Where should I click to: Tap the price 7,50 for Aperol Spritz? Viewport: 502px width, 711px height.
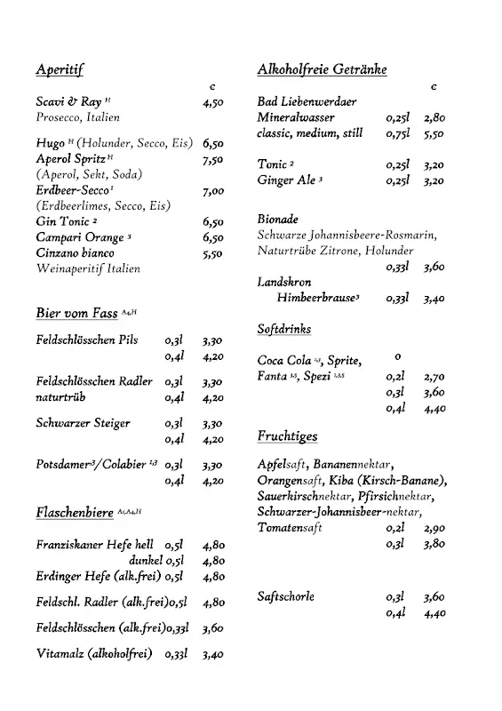tap(213, 160)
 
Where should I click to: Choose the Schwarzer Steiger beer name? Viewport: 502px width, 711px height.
tap(83, 423)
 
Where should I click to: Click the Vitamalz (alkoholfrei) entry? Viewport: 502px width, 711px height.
tap(94, 655)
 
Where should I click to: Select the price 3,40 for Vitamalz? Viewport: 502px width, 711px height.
tap(213, 655)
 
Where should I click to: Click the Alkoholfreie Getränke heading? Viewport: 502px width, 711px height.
tap(322, 69)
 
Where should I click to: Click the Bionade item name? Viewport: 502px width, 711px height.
tap(277, 219)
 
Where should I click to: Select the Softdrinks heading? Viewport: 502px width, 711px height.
tap(284, 329)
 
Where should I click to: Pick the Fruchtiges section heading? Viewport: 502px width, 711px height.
tap(287, 436)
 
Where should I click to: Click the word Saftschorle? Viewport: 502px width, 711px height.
tap(286, 596)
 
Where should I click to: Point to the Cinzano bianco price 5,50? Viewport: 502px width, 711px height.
tap(213, 253)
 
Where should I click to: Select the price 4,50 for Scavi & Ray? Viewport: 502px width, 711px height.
tap(213, 103)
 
